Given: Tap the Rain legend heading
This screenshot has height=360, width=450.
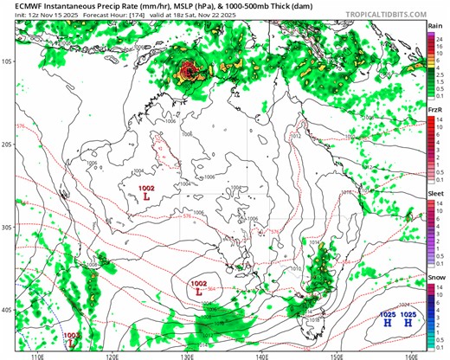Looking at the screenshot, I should pyautogui.click(x=434, y=26).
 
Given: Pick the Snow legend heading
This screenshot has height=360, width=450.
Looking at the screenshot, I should pyautogui.click(x=434, y=277).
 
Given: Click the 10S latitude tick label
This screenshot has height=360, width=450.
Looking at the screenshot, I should pyautogui.click(x=8, y=62).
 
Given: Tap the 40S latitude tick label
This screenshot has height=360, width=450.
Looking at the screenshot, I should pyautogui.click(x=8, y=310).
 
